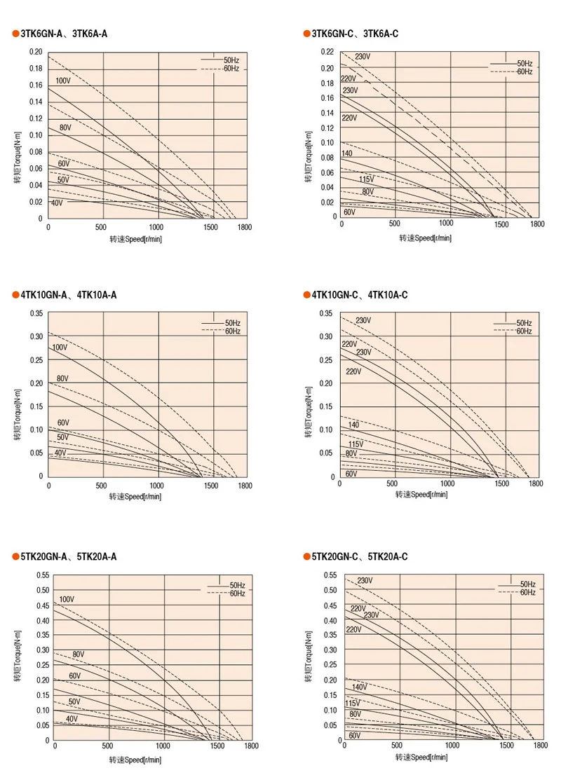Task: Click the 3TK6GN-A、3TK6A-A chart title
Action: (x=63, y=34)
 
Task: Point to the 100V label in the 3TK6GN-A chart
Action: (x=63, y=81)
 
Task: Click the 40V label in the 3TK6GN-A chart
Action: (x=56, y=203)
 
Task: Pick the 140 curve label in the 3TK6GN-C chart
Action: (x=347, y=153)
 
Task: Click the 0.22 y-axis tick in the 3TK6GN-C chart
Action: (x=327, y=53)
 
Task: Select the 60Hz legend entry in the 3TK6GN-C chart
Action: (x=525, y=72)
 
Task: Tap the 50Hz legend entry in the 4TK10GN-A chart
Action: (x=233, y=323)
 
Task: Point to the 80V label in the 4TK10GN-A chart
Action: (x=62, y=378)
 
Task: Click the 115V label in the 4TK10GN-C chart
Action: (x=356, y=444)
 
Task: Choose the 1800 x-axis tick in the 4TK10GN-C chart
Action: (x=536, y=484)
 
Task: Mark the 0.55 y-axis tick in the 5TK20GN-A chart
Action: (x=41, y=575)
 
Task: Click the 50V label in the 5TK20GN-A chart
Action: (x=74, y=701)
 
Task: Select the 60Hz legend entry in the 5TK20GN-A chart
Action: (x=237, y=594)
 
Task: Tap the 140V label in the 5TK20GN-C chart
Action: (x=360, y=687)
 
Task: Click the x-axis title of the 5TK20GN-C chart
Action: (x=424, y=758)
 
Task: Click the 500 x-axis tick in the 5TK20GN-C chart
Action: (x=397, y=746)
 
